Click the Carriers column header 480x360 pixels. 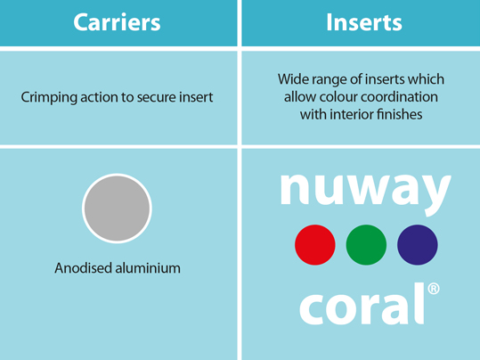(117, 22)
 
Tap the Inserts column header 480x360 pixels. (364, 22)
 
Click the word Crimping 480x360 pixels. (49, 98)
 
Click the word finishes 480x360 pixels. (400, 115)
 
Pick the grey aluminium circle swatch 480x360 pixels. (117, 209)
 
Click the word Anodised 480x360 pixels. (83, 268)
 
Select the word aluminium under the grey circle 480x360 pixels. (148, 268)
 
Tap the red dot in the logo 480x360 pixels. (315, 245)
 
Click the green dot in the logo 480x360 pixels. (366, 245)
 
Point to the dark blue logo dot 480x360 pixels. (418, 245)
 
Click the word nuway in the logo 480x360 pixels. (366, 192)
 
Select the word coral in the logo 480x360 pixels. (362, 304)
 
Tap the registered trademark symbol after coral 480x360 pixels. (434, 289)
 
